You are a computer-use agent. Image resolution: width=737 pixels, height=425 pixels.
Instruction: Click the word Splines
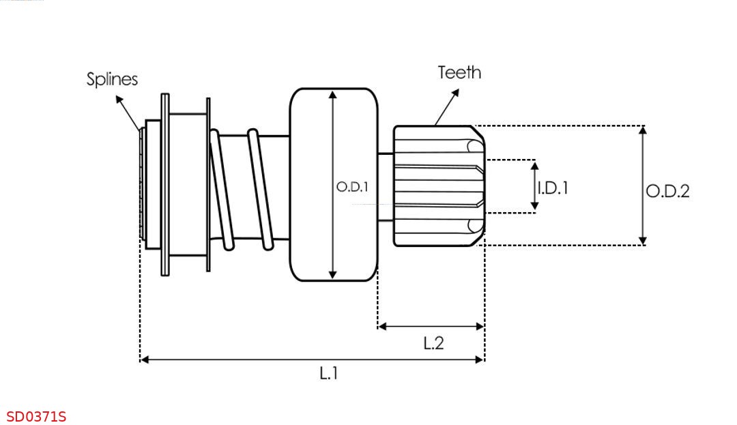click(x=112, y=79)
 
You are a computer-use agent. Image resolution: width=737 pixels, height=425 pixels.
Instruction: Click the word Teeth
click(x=459, y=72)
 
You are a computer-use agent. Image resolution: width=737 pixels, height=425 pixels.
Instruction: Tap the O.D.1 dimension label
click(x=353, y=187)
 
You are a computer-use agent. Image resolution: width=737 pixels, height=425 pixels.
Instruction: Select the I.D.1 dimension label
click(x=553, y=188)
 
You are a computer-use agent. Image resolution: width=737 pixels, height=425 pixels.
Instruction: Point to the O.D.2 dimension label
click(x=668, y=191)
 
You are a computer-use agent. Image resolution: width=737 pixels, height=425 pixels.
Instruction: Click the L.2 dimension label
click(x=433, y=343)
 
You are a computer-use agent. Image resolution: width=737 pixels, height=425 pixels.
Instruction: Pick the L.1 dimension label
click(x=328, y=373)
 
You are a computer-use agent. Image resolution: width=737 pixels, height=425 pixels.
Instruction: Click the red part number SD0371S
click(x=36, y=417)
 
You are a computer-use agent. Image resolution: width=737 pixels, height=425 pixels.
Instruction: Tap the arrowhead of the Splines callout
click(x=119, y=100)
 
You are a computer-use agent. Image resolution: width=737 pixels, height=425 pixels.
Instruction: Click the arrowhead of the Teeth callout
click(x=455, y=93)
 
